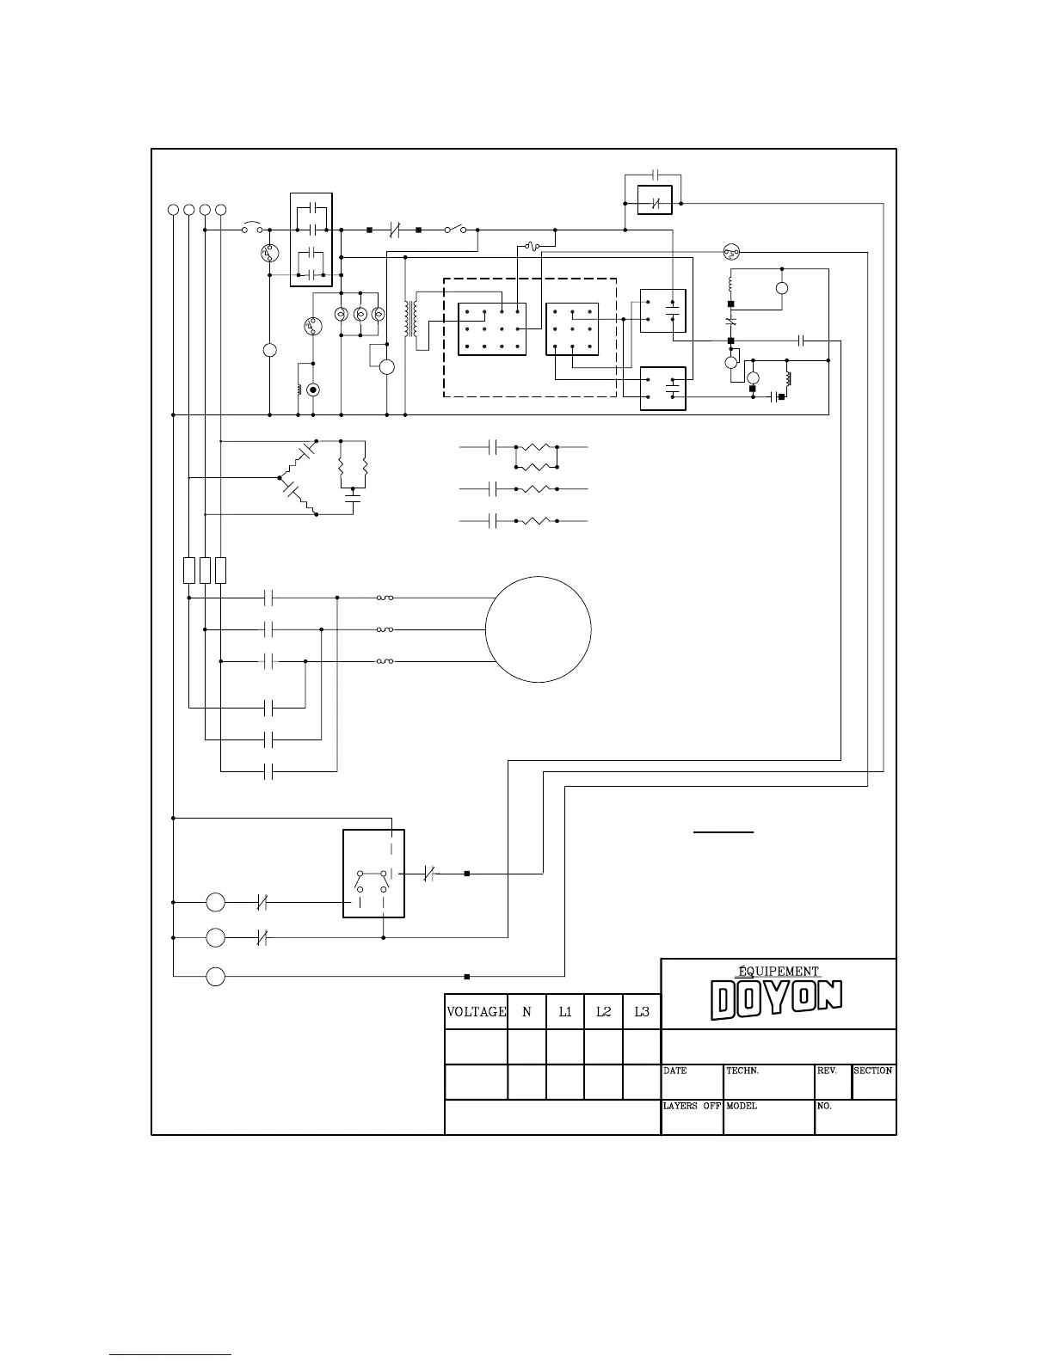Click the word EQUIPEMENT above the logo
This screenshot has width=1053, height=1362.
779,972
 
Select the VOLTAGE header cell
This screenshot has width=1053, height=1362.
477,1012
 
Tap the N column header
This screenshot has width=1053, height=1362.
526,1012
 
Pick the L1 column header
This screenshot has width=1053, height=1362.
565,1012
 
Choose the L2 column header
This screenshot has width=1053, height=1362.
603,1012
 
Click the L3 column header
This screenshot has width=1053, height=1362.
642,1012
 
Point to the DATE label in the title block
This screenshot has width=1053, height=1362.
674,1071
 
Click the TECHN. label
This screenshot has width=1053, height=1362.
742,1071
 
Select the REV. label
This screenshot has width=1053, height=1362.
827,1071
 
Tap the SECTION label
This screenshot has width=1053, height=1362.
872,1071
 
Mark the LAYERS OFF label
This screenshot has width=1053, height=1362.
692,1106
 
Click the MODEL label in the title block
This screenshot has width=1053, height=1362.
742,1106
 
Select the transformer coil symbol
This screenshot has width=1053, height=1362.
411,319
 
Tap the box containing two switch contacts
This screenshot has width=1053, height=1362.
343,874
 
